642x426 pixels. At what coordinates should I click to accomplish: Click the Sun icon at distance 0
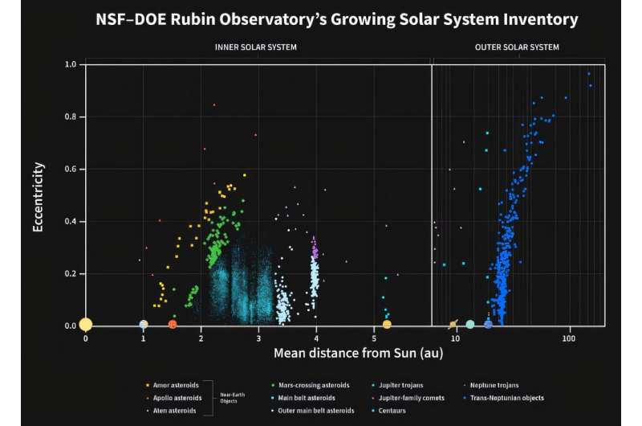[x=85, y=325]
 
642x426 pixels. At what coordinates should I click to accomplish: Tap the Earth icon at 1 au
[x=143, y=325]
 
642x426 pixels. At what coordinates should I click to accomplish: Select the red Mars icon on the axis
[x=173, y=325]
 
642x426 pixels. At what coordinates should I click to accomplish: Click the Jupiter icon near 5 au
[x=387, y=325]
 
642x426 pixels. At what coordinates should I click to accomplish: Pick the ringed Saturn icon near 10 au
[x=453, y=325]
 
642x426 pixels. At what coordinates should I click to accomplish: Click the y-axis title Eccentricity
[x=38, y=197]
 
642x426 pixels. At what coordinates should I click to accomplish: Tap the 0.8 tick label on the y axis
[x=70, y=117]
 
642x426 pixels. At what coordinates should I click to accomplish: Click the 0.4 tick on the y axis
[x=70, y=221]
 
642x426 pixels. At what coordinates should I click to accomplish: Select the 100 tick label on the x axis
[x=569, y=338]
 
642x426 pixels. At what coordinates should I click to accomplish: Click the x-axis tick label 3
[x=258, y=338]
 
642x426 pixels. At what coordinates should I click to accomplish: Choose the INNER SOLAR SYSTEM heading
[x=256, y=47]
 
